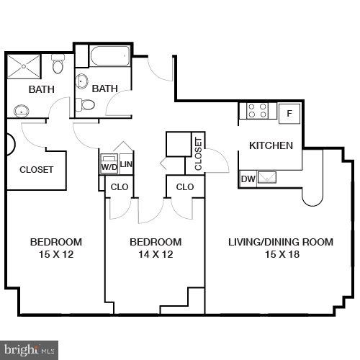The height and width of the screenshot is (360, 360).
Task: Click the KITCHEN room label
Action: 271,145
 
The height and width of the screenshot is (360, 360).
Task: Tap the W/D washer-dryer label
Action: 109,167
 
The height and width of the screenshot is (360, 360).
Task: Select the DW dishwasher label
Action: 248,179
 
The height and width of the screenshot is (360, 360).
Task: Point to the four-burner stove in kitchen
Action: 258,111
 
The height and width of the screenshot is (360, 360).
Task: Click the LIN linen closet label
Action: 126,165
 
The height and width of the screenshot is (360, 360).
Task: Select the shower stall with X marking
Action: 24,68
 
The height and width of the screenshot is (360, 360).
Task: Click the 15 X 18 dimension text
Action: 281,255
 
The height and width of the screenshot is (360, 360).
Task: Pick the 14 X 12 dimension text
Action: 156,255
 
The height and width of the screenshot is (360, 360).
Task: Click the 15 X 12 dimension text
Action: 55,255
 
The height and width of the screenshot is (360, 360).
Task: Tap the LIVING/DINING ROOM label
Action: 281,242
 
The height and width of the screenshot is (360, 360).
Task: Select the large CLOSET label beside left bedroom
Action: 37,170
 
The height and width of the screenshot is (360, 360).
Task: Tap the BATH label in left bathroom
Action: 42,89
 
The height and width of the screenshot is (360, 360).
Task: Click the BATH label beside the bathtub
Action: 104,89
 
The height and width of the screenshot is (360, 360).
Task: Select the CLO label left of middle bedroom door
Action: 118,186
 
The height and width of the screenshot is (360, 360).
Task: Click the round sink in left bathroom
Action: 22,110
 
